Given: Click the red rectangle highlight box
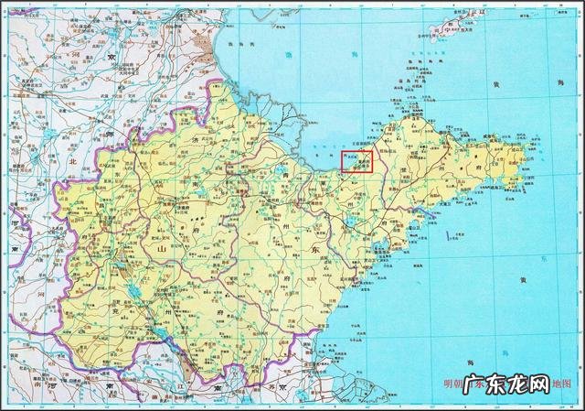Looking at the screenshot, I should (x=357, y=163).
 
